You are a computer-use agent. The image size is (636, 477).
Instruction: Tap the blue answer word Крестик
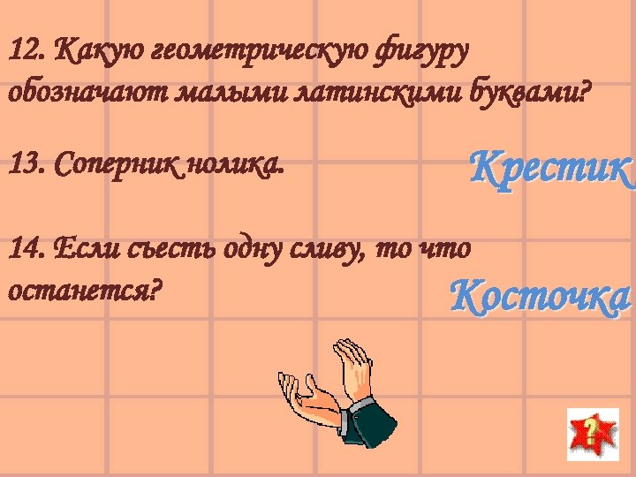click(550, 165)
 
